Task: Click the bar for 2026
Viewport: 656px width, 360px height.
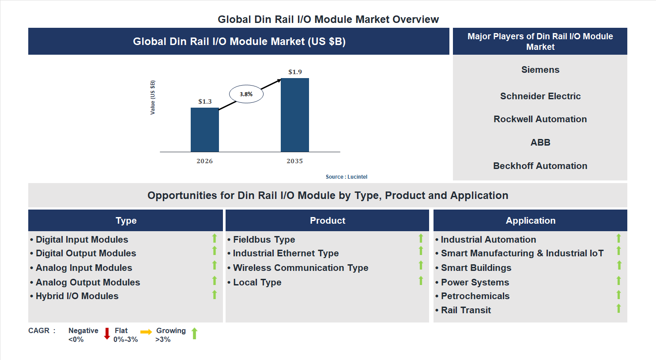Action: click(204, 130)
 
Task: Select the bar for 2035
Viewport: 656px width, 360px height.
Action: click(294, 115)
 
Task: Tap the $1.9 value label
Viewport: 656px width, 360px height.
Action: click(295, 72)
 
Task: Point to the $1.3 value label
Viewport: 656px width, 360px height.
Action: click(205, 101)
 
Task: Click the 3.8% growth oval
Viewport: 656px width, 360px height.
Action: click(246, 94)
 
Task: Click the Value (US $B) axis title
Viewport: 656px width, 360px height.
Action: click(153, 97)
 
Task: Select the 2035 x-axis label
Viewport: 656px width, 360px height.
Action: click(294, 161)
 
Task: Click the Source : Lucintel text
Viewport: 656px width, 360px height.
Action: click(346, 177)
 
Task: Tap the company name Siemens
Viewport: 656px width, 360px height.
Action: click(540, 70)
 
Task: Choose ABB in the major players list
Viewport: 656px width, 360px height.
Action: click(540, 142)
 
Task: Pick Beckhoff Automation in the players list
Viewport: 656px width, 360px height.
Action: click(540, 166)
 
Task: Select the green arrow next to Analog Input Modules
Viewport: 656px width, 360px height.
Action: click(215, 265)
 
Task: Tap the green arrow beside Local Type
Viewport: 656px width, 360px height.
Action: click(421, 281)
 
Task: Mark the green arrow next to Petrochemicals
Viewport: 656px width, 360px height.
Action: click(618, 295)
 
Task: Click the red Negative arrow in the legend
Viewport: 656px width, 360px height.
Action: click(107, 334)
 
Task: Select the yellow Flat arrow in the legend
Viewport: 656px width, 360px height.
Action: click(146, 332)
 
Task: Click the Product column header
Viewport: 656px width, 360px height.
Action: click(327, 221)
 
